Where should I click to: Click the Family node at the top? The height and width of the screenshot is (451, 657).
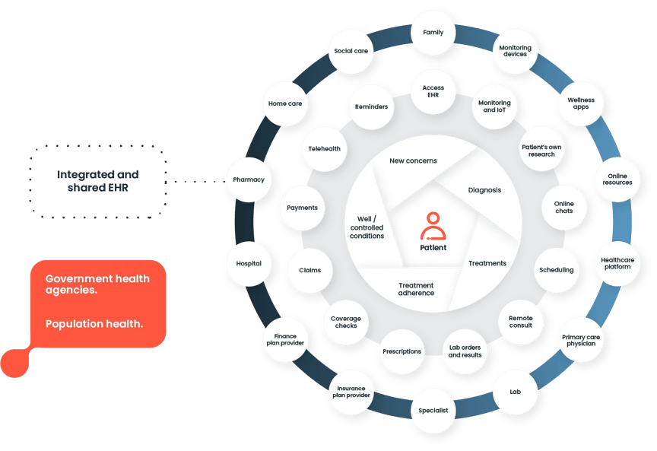(x=433, y=33)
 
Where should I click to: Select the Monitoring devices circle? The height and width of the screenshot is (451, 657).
(x=515, y=51)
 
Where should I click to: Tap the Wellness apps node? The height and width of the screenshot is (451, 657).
(x=581, y=103)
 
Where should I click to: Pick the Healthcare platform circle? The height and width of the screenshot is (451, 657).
(x=617, y=262)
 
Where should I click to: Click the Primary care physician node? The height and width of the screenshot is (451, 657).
(x=581, y=340)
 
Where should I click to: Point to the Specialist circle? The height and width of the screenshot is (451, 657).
(x=433, y=411)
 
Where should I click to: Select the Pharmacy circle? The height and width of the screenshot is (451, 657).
(x=249, y=180)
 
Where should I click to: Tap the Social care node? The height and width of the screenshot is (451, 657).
(x=351, y=51)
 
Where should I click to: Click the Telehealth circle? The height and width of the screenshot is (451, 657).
(x=324, y=149)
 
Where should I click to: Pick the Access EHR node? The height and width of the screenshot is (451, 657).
(x=433, y=92)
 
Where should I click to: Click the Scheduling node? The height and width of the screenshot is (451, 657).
(x=556, y=270)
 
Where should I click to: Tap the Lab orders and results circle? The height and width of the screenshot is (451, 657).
(x=465, y=351)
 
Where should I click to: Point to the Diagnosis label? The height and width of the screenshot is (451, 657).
(x=484, y=190)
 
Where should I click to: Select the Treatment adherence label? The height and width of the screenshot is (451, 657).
(x=416, y=289)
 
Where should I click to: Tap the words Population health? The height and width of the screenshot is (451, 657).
(x=94, y=324)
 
